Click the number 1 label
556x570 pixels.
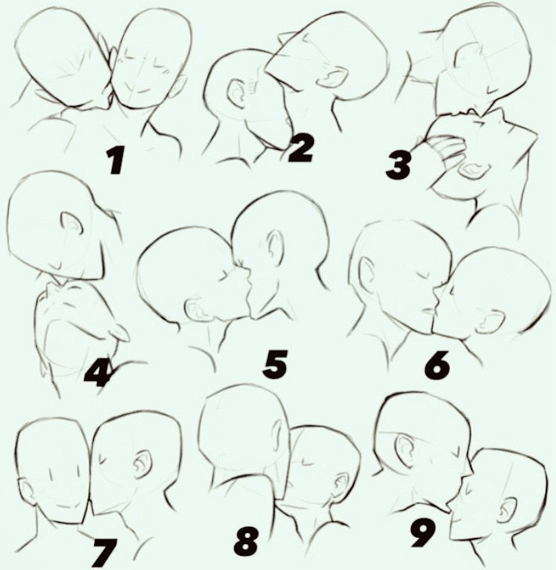115,161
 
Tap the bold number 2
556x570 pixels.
300,148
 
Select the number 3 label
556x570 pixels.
399,165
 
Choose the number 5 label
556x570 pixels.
276,363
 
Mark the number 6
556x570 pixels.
437,365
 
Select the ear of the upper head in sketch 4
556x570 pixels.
72,223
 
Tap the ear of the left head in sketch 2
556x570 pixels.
236,93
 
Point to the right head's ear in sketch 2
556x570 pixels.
330,78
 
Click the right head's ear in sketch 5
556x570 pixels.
276,246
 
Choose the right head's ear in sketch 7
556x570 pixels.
143,464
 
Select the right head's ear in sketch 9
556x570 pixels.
507,512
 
